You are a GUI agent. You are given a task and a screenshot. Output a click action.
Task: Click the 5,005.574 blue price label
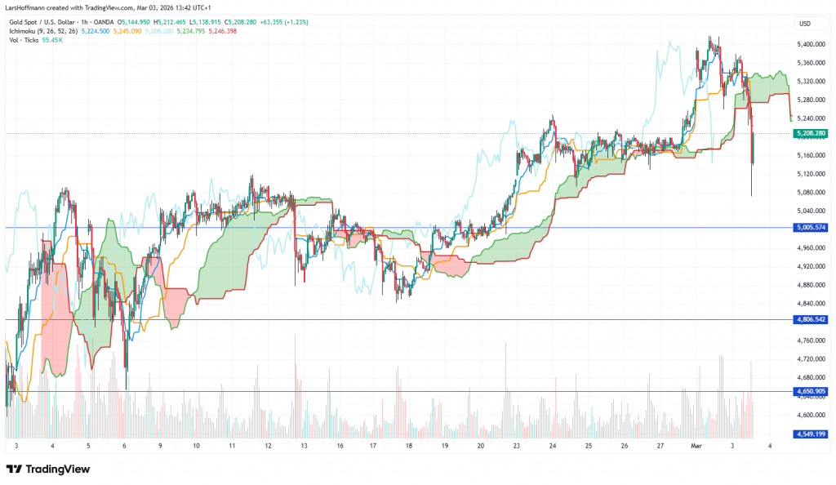[810, 228]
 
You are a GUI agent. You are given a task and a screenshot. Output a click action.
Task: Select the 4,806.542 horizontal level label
[810, 319]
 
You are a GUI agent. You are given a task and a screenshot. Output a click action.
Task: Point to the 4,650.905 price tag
[810, 392]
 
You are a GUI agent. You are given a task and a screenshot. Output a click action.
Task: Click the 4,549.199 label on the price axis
[810, 434]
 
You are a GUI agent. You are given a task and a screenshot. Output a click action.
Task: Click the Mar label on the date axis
[696, 446]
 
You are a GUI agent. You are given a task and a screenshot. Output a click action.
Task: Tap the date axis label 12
[269, 446]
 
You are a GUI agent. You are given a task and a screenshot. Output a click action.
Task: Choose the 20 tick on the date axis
[481, 446]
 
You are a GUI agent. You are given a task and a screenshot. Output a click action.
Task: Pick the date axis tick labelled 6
[123, 446]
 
